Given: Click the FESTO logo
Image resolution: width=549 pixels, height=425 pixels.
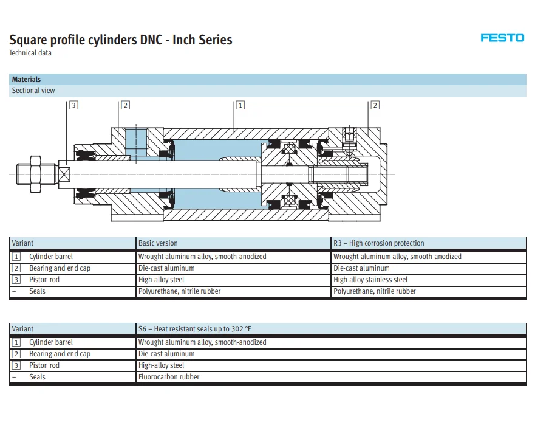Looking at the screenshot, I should pos(502,38).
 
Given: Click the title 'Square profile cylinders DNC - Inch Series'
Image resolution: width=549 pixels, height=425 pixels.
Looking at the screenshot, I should pos(120,40).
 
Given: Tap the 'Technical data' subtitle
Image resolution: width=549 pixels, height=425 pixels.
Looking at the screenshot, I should pos(30,53).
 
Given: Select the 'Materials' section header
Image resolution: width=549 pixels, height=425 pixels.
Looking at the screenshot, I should pos(27,80).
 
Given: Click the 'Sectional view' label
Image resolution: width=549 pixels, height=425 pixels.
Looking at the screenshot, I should pos(33,91).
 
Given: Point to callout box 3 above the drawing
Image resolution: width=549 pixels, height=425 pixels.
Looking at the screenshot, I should pos(73,105).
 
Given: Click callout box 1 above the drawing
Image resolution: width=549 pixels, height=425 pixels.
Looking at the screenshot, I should pos(240,105).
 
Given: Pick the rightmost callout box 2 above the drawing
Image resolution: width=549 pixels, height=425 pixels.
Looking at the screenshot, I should pos(375,105).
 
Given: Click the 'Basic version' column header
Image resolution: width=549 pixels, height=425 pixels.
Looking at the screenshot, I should pos(158,243).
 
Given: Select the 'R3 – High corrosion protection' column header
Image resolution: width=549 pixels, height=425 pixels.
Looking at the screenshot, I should pos(379,243).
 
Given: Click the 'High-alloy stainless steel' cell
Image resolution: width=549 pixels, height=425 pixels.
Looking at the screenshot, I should pos(370,280).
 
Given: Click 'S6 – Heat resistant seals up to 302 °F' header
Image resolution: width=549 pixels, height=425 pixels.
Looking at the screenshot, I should pos(194,329).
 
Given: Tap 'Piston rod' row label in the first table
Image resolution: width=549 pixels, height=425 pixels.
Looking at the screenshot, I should pos(44,280).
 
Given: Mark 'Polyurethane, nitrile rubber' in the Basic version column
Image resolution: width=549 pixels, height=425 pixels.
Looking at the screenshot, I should pos(180,291).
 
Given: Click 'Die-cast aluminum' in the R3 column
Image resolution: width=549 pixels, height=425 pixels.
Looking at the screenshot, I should pos(361,268).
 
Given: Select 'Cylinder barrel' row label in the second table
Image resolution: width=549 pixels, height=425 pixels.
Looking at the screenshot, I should pos(51,342).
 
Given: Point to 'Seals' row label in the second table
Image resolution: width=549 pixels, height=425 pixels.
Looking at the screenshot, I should pos(37,377).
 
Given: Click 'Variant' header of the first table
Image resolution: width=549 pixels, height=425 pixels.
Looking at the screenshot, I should pos(23,243).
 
